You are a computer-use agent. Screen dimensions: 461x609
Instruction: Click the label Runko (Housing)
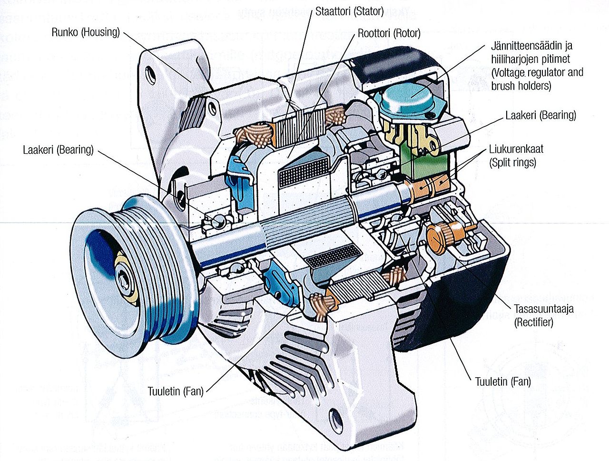(x=86, y=32)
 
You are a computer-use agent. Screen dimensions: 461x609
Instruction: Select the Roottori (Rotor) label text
(x=389, y=33)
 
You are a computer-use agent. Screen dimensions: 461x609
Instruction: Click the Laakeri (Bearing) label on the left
(x=58, y=150)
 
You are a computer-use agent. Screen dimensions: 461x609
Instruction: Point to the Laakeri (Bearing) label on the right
(x=540, y=115)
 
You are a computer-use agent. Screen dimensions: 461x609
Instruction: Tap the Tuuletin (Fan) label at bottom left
(x=176, y=391)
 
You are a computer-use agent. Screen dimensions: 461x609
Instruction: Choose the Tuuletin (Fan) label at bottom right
(x=503, y=381)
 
